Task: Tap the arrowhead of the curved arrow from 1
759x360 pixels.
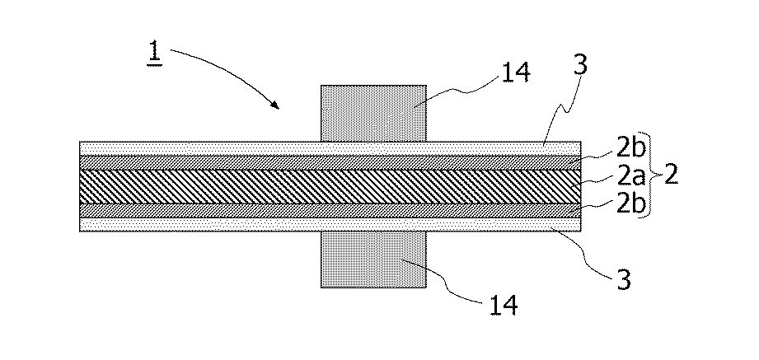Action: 275,105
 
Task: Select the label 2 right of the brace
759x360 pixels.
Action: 671,176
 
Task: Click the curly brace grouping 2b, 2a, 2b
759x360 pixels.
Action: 653,178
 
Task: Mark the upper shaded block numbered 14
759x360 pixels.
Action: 373,113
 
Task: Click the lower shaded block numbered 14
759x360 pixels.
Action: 373,259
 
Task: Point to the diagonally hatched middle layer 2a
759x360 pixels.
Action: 330,186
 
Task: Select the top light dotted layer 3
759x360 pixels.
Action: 330,148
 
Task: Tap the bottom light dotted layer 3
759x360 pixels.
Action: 330,225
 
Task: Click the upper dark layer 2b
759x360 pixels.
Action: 330,162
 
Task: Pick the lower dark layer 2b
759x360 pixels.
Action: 330,211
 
